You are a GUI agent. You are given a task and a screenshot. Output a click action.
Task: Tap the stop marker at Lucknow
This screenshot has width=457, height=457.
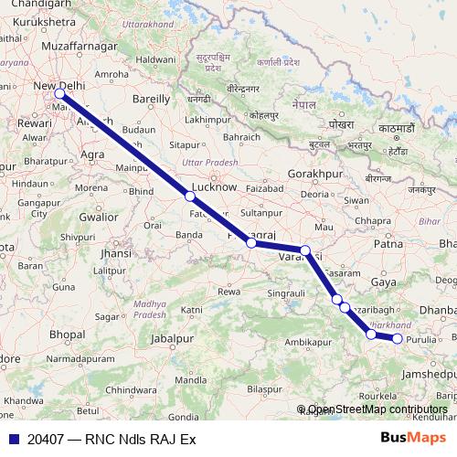click(190, 196)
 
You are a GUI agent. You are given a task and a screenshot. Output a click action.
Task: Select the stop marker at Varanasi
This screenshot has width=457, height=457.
click(305, 250)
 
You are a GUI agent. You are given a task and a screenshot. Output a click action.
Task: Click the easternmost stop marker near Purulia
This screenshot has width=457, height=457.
click(398, 339)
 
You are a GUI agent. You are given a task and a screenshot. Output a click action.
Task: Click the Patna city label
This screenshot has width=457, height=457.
click(389, 244)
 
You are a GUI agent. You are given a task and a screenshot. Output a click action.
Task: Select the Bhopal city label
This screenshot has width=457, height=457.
click(67, 335)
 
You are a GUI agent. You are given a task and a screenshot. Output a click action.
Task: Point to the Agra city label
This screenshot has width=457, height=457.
click(92, 154)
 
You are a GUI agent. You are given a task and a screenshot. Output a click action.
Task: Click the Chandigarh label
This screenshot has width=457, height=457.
click(37, 6)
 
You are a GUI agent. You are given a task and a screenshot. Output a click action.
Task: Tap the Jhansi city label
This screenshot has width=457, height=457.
click(116, 252)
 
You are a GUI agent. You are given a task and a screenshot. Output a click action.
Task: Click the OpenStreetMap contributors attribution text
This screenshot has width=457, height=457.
click(377, 410)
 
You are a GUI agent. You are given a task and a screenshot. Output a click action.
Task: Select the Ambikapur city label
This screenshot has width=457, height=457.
click(307, 341)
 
